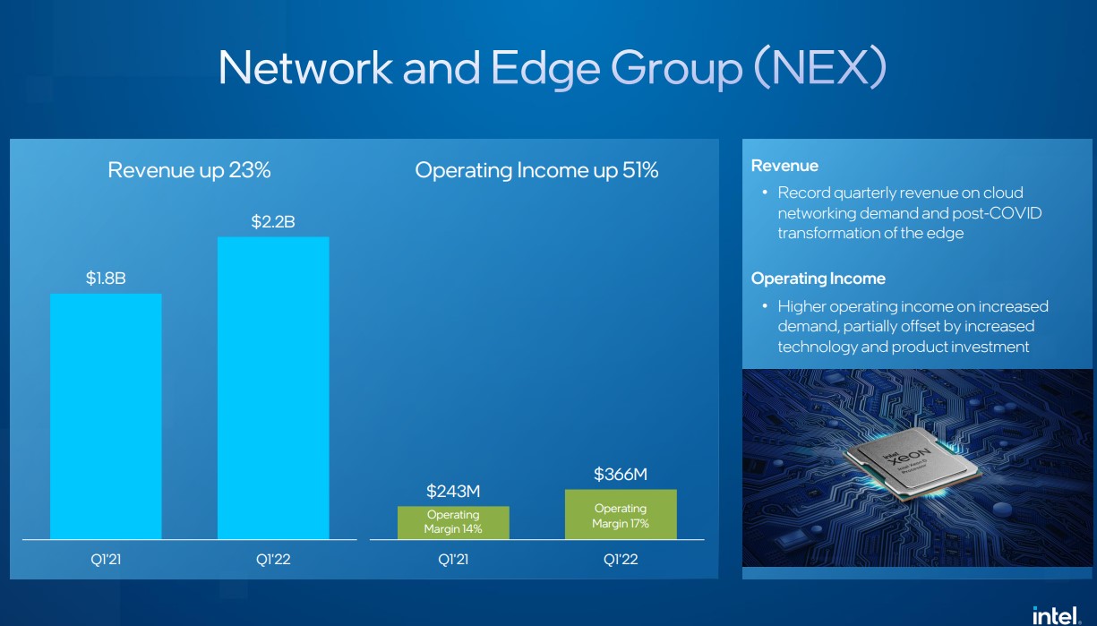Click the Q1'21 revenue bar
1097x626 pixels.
(x=106, y=416)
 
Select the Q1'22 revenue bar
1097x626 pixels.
(x=273, y=388)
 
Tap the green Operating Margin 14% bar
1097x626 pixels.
(x=453, y=523)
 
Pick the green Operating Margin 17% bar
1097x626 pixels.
(x=621, y=514)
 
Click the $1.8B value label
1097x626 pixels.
(x=106, y=279)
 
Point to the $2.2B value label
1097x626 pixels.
(x=273, y=222)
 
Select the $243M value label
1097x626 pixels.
(x=453, y=491)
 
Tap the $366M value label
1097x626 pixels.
(x=621, y=474)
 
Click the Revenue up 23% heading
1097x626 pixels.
(x=189, y=170)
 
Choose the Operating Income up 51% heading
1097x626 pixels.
(x=536, y=170)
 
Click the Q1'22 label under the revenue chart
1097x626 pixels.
(x=273, y=560)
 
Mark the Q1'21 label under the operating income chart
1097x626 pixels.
(x=453, y=560)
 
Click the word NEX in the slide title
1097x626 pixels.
(x=821, y=67)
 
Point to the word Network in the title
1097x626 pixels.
(x=305, y=67)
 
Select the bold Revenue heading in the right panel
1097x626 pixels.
(x=784, y=166)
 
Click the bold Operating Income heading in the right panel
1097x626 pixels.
(x=818, y=279)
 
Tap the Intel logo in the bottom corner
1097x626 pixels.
(x=1057, y=616)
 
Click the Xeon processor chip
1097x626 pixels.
(x=912, y=465)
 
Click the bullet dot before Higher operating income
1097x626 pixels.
(x=765, y=306)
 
